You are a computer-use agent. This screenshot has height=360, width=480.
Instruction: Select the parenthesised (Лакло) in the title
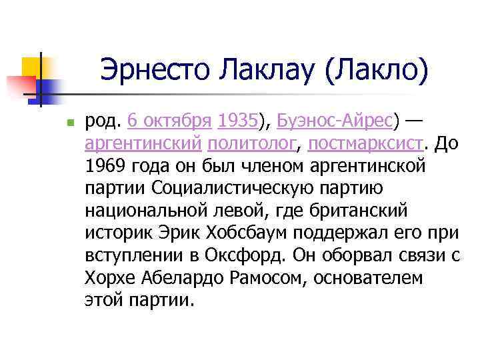coord(376,69)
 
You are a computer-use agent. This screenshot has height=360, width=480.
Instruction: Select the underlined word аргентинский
coord(143,143)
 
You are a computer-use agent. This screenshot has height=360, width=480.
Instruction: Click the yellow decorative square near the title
coord(31,66)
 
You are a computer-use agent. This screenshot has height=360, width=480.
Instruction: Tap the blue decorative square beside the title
coord(49,88)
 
